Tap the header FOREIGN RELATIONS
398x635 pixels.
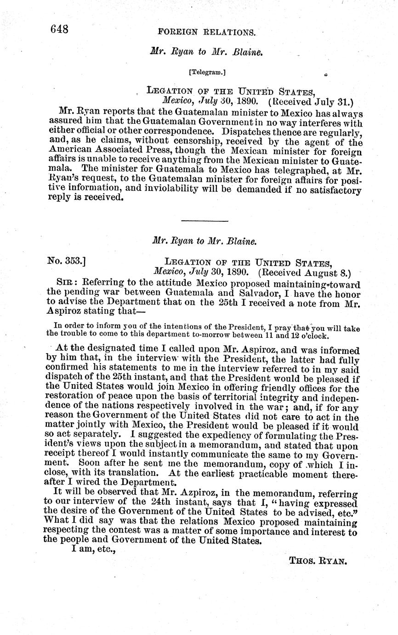point(206,32)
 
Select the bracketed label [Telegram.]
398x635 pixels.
point(207,72)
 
